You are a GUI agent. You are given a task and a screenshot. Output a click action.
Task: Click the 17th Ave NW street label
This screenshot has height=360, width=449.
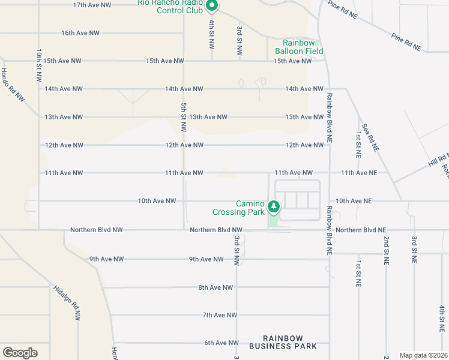point(92,5)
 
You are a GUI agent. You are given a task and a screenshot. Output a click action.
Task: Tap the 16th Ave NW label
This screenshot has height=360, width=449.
point(80,33)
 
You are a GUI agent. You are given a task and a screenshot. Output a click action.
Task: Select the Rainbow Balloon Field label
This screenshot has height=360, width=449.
point(303,47)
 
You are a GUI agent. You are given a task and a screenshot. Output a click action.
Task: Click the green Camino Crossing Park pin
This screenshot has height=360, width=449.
point(274,207)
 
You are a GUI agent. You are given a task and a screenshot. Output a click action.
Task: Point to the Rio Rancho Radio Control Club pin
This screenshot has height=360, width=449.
point(211,6)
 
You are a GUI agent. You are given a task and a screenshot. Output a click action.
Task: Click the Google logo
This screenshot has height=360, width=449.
point(20,353)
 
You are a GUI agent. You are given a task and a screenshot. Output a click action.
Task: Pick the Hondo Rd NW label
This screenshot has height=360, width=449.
point(12,84)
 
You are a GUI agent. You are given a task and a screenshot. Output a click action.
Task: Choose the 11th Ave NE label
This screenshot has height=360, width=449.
point(358,173)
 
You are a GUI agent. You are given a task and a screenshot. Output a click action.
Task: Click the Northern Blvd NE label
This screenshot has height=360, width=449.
point(361,230)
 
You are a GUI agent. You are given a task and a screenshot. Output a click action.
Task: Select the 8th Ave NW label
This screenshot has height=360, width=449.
point(215,287)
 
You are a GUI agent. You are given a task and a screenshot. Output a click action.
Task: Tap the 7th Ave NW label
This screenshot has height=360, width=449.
point(219,315)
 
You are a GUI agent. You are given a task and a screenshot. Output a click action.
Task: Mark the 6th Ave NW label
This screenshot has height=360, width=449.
point(221,343)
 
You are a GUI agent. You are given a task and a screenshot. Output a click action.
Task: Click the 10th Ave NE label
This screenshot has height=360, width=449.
point(354,200)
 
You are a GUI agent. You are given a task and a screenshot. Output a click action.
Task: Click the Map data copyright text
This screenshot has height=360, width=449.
point(424,355)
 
